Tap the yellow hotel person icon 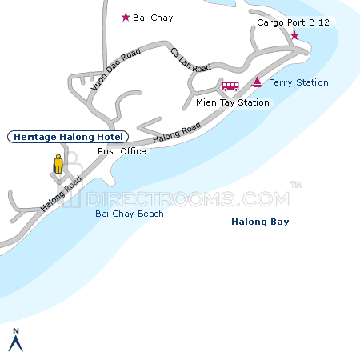(58, 164)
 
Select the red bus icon (230, 86)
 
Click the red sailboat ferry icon (257, 82)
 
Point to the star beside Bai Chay (125, 17)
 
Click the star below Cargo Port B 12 (294, 36)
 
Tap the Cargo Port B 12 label (293, 22)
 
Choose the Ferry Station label (298, 82)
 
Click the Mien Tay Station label (233, 102)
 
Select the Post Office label (122, 151)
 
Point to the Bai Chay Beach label (129, 214)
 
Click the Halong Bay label (259, 222)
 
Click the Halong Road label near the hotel (62, 194)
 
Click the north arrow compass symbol (14, 341)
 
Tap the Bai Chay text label (153, 18)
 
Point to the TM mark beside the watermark (296, 186)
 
